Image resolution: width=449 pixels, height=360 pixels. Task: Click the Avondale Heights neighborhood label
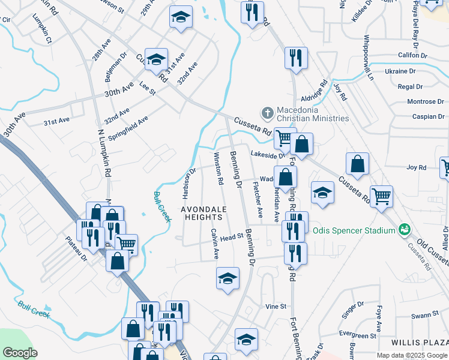pyautogui.click(x=204, y=213)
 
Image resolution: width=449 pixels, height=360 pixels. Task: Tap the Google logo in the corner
pyautogui.click(x=20, y=352)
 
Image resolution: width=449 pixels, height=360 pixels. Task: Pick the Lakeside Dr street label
pyautogui.click(x=268, y=155)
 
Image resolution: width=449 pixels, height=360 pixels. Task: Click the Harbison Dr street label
pyautogui.click(x=188, y=184)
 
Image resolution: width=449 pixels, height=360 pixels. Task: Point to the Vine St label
pyautogui.click(x=276, y=306)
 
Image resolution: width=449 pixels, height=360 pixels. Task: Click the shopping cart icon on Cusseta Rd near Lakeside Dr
pyautogui.click(x=284, y=138)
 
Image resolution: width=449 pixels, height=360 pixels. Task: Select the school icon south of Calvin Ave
pyautogui.click(x=228, y=278)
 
